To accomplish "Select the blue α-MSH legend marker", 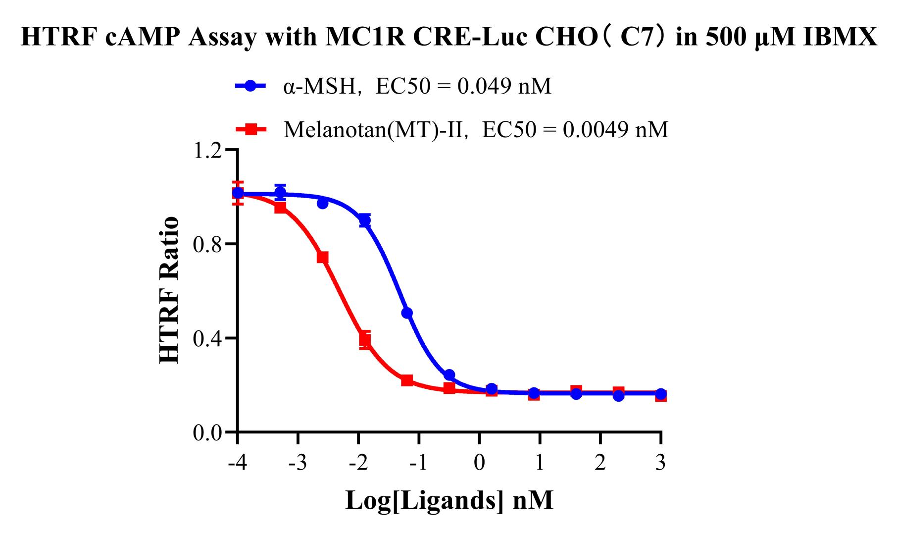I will click(250, 86).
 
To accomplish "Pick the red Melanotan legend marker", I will click(250, 129).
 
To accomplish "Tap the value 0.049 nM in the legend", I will click(503, 86).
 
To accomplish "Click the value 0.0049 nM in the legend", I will click(621, 130).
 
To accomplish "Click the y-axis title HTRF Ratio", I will click(169, 291).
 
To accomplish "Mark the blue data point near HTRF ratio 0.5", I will click(407, 313).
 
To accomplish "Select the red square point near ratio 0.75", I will click(322, 258).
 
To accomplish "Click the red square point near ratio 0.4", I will click(365, 340).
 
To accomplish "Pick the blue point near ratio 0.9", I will click(365, 220).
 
